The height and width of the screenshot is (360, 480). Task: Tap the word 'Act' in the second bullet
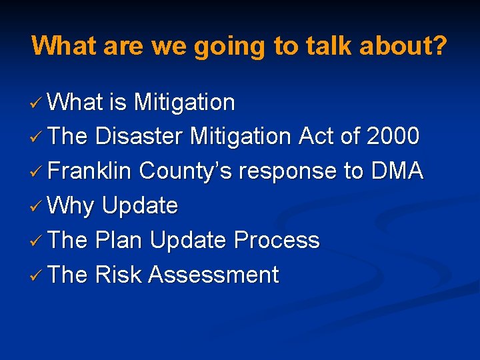315,136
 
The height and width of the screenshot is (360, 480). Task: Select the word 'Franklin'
91,171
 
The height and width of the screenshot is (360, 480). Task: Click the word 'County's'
186,171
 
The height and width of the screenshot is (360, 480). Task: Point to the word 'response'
288,171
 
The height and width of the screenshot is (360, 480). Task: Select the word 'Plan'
119,240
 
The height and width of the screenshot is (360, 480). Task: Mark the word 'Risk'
119,275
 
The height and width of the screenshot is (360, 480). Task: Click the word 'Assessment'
214,275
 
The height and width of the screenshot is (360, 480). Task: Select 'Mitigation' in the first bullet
184,102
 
